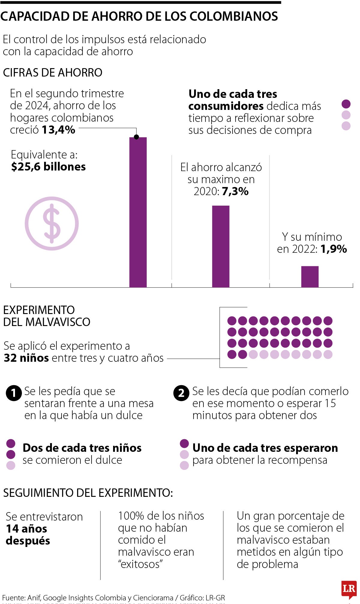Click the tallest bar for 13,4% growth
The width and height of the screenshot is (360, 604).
[138, 212]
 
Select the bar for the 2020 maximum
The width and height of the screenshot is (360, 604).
[221, 246]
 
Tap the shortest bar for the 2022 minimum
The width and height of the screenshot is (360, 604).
[310, 276]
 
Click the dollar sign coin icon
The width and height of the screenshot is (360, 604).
[52, 223]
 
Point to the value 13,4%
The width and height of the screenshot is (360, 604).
[58, 130]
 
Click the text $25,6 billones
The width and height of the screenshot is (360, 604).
[48, 167]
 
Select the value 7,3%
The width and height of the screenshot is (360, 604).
[235, 191]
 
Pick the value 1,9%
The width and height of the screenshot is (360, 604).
[334, 249]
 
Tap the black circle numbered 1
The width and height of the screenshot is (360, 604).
[14, 393]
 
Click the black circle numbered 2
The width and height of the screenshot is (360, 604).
[181, 393]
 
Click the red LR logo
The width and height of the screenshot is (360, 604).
[349, 589]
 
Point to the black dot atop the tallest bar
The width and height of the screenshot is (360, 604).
[136, 137]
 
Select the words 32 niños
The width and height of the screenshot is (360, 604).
[26, 358]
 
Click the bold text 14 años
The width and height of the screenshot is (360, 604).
[26, 528]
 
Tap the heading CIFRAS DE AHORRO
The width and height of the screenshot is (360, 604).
[52, 73]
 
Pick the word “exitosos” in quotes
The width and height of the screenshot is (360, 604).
[140, 564]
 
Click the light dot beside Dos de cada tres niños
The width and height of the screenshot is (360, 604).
[11, 465]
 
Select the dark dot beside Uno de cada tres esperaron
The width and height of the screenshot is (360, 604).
[184, 443]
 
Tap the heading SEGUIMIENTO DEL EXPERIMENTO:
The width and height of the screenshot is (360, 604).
[88, 493]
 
